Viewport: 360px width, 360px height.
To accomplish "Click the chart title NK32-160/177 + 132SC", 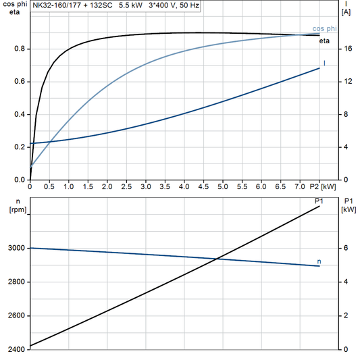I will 71,5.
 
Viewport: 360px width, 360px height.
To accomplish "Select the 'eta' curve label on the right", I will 324,41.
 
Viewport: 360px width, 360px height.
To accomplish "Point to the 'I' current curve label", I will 325,63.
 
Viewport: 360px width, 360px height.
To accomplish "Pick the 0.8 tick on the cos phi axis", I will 20,49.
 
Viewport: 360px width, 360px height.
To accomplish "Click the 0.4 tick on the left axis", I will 20,114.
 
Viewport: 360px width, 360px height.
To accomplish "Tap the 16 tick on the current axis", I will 346,49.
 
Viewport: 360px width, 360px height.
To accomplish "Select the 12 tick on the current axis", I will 346,82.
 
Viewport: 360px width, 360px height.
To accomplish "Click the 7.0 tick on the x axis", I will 301,186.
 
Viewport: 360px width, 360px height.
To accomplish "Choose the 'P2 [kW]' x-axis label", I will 327,186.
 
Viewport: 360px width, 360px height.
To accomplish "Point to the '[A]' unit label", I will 346,11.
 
